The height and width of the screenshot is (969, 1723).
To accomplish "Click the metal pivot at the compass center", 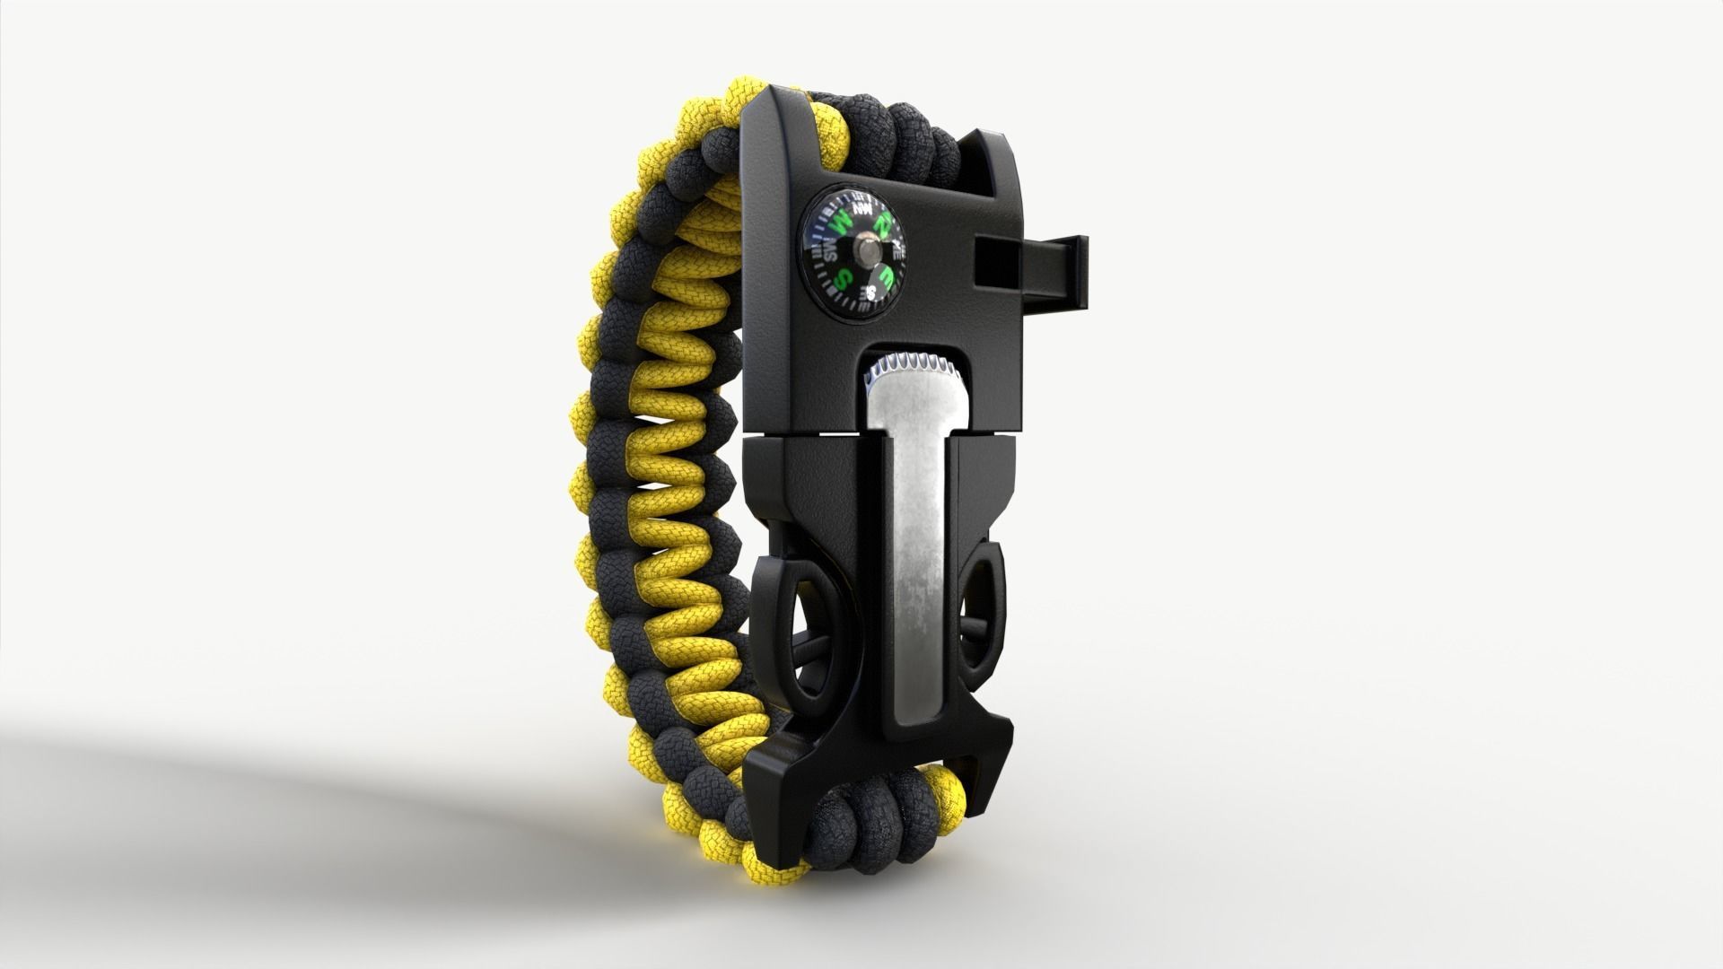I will pyautogui.click(x=868, y=249).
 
